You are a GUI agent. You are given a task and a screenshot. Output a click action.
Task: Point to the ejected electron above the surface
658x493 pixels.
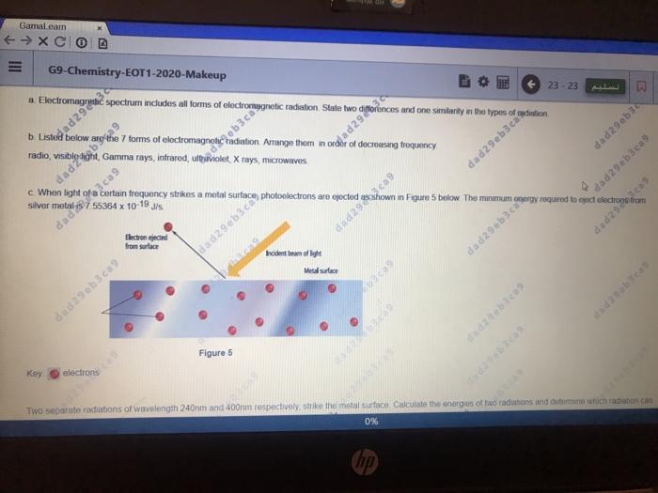(168, 227)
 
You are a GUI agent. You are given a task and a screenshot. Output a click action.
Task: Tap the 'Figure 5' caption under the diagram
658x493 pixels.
(214, 353)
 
